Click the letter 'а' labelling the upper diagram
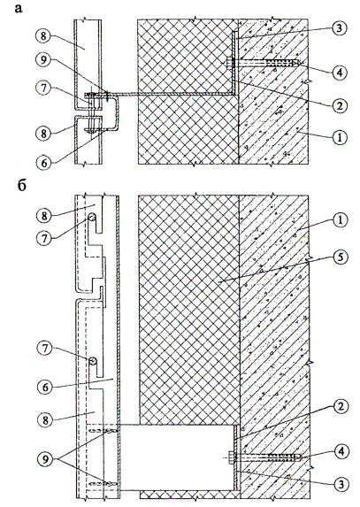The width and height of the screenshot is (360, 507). pyautogui.click(x=19, y=9)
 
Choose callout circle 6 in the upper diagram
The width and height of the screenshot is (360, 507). pyautogui.click(x=44, y=162)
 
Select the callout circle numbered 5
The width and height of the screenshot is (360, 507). pyautogui.click(x=339, y=257)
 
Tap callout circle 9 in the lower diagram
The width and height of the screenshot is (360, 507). pyautogui.click(x=45, y=459)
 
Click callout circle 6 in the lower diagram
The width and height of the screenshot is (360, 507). pyautogui.click(x=45, y=387)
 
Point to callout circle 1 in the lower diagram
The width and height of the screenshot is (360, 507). pyautogui.click(x=339, y=220)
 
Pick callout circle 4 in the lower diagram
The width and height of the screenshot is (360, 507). pyautogui.click(x=341, y=452)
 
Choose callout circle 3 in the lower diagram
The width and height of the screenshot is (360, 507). pyautogui.click(x=341, y=484)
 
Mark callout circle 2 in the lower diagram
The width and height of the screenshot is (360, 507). pyautogui.click(x=341, y=407)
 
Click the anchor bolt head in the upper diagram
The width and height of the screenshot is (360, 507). pyautogui.click(x=229, y=63)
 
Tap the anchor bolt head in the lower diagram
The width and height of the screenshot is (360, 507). pyautogui.click(x=231, y=457)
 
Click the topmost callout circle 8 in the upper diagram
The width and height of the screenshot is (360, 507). pyautogui.click(x=44, y=36)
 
